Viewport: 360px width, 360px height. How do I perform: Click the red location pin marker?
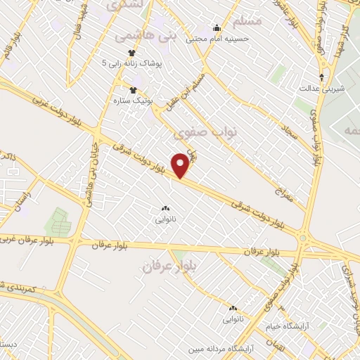click(x=181, y=165)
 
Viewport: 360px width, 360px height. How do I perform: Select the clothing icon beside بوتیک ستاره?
click(x=132, y=89)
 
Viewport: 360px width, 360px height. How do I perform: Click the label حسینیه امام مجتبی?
click(x=217, y=39)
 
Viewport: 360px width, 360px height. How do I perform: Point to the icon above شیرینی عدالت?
click(x=321, y=77)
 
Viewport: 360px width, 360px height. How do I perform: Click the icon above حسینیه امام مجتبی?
click(x=217, y=29)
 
